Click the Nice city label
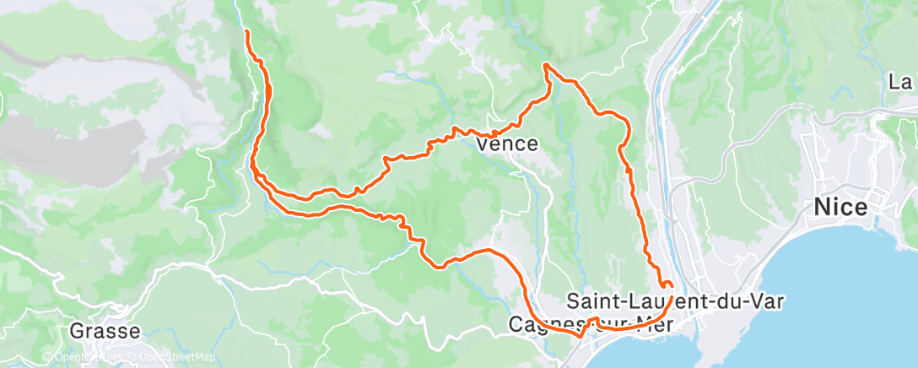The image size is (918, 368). (x=842, y=207)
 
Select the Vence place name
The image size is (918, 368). (x=507, y=144)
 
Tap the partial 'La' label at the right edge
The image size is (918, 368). (x=902, y=83)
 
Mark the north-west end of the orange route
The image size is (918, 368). (x=247, y=31)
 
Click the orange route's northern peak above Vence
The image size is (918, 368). (x=546, y=65)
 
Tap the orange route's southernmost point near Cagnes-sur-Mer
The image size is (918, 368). (x=580, y=335)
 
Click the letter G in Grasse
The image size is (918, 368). (x=77, y=330)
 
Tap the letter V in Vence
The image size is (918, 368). (x=483, y=144)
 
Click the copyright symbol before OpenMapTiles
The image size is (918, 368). (x=46, y=357)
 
